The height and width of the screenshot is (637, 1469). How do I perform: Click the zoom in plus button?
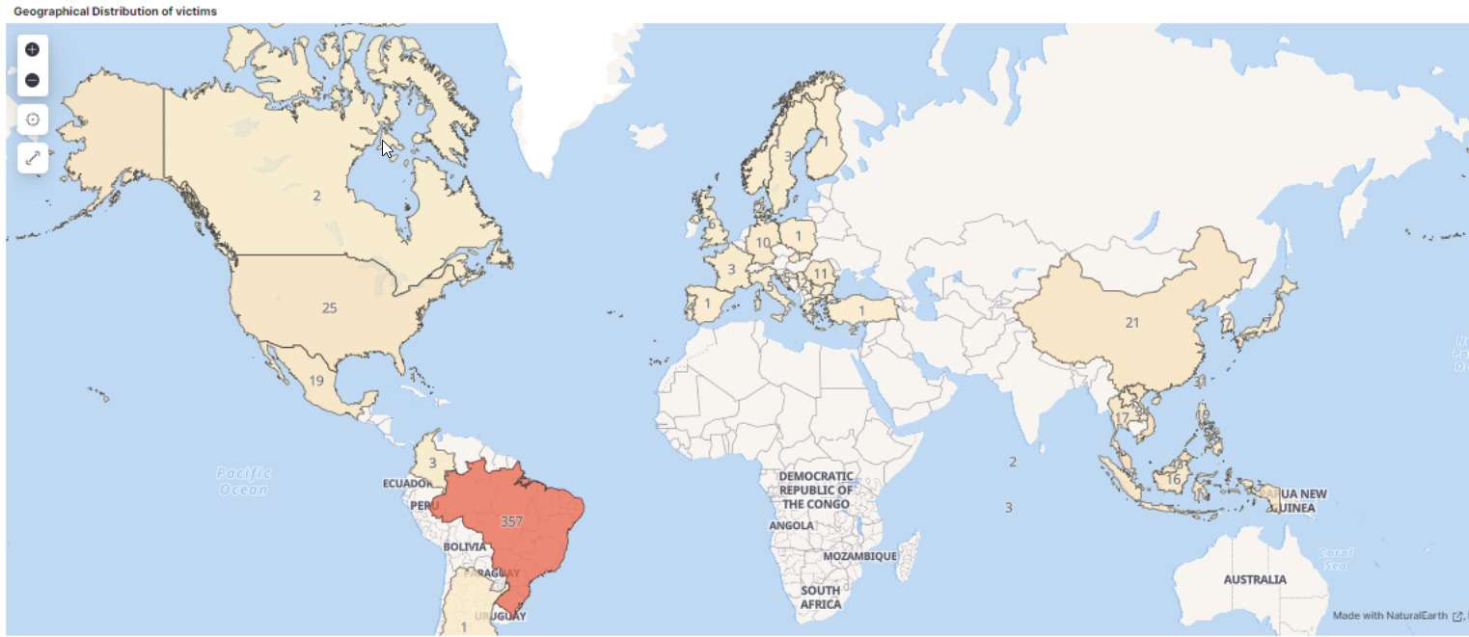pos(32,49)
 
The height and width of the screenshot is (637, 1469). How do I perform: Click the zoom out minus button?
pos(32,80)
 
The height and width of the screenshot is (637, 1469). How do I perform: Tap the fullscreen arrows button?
pos(33,157)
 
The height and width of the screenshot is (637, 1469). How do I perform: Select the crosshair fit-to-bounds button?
pos(33,119)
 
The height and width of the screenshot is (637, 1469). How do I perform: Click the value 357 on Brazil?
pos(511,521)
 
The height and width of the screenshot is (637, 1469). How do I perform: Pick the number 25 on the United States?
pos(330,308)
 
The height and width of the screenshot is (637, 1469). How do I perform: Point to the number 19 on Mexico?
pos(316,381)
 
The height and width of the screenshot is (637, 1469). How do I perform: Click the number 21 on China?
pos(1132,323)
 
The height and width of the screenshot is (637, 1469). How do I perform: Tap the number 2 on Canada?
pos(316,196)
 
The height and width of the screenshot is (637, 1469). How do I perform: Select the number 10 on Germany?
pos(763,243)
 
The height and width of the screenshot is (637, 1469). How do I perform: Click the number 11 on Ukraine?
pos(821,274)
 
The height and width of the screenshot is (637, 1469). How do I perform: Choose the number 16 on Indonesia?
pos(1174,479)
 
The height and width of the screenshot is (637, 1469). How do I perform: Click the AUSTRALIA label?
pos(1255,580)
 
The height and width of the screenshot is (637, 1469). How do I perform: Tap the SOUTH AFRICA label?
pos(820,597)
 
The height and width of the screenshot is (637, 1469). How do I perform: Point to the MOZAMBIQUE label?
pos(860,557)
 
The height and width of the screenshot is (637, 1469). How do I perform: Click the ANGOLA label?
pos(791,526)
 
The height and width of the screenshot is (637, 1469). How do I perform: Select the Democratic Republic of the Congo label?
pos(816,490)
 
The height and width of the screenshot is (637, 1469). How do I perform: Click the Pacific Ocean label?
pos(244,481)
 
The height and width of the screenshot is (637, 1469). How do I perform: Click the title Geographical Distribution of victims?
pos(115,11)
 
